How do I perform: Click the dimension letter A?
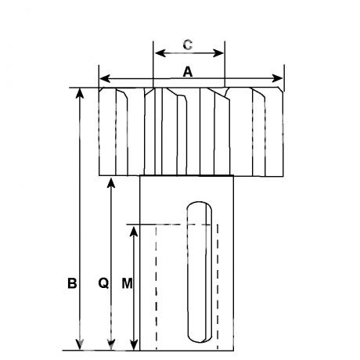pyautogui.click(x=188, y=72)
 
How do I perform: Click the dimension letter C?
pyautogui.click(x=188, y=45)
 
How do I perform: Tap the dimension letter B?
pyautogui.click(x=72, y=283)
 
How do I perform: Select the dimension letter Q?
pyautogui.click(x=103, y=283)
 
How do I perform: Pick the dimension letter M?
pyautogui.click(x=127, y=283)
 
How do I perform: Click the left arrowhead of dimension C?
pyautogui.click(x=160, y=53)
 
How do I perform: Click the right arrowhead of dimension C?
pyautogui.click(x=218, y=53)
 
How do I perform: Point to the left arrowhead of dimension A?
pyautogui.click(x=105, y=78)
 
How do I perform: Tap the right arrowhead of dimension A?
pyautogui.click(x=277, y=78)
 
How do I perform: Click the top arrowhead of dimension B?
pyautogui.click(x=80, y=93)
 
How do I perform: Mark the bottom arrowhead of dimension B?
pyautogui.click(x=80, y=344)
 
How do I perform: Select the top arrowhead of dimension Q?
pyautogui.click(x=111, y=183)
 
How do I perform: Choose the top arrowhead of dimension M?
pyautogui.click(x=134, y=232)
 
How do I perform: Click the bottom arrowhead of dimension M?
pyautogui.click(x=134, y=345)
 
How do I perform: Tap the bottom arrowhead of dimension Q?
pyautogui.click(x=111, y=344)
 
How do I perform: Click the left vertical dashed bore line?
pyautogui.click(x=157, y=287)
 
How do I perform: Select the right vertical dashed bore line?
pyautogui.click(x=218, y=287)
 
